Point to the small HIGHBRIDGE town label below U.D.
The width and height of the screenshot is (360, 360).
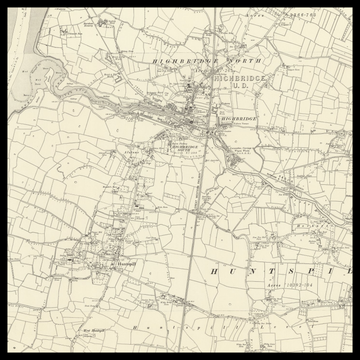[237, 119]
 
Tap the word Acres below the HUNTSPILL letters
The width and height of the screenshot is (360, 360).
[275, 284]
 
